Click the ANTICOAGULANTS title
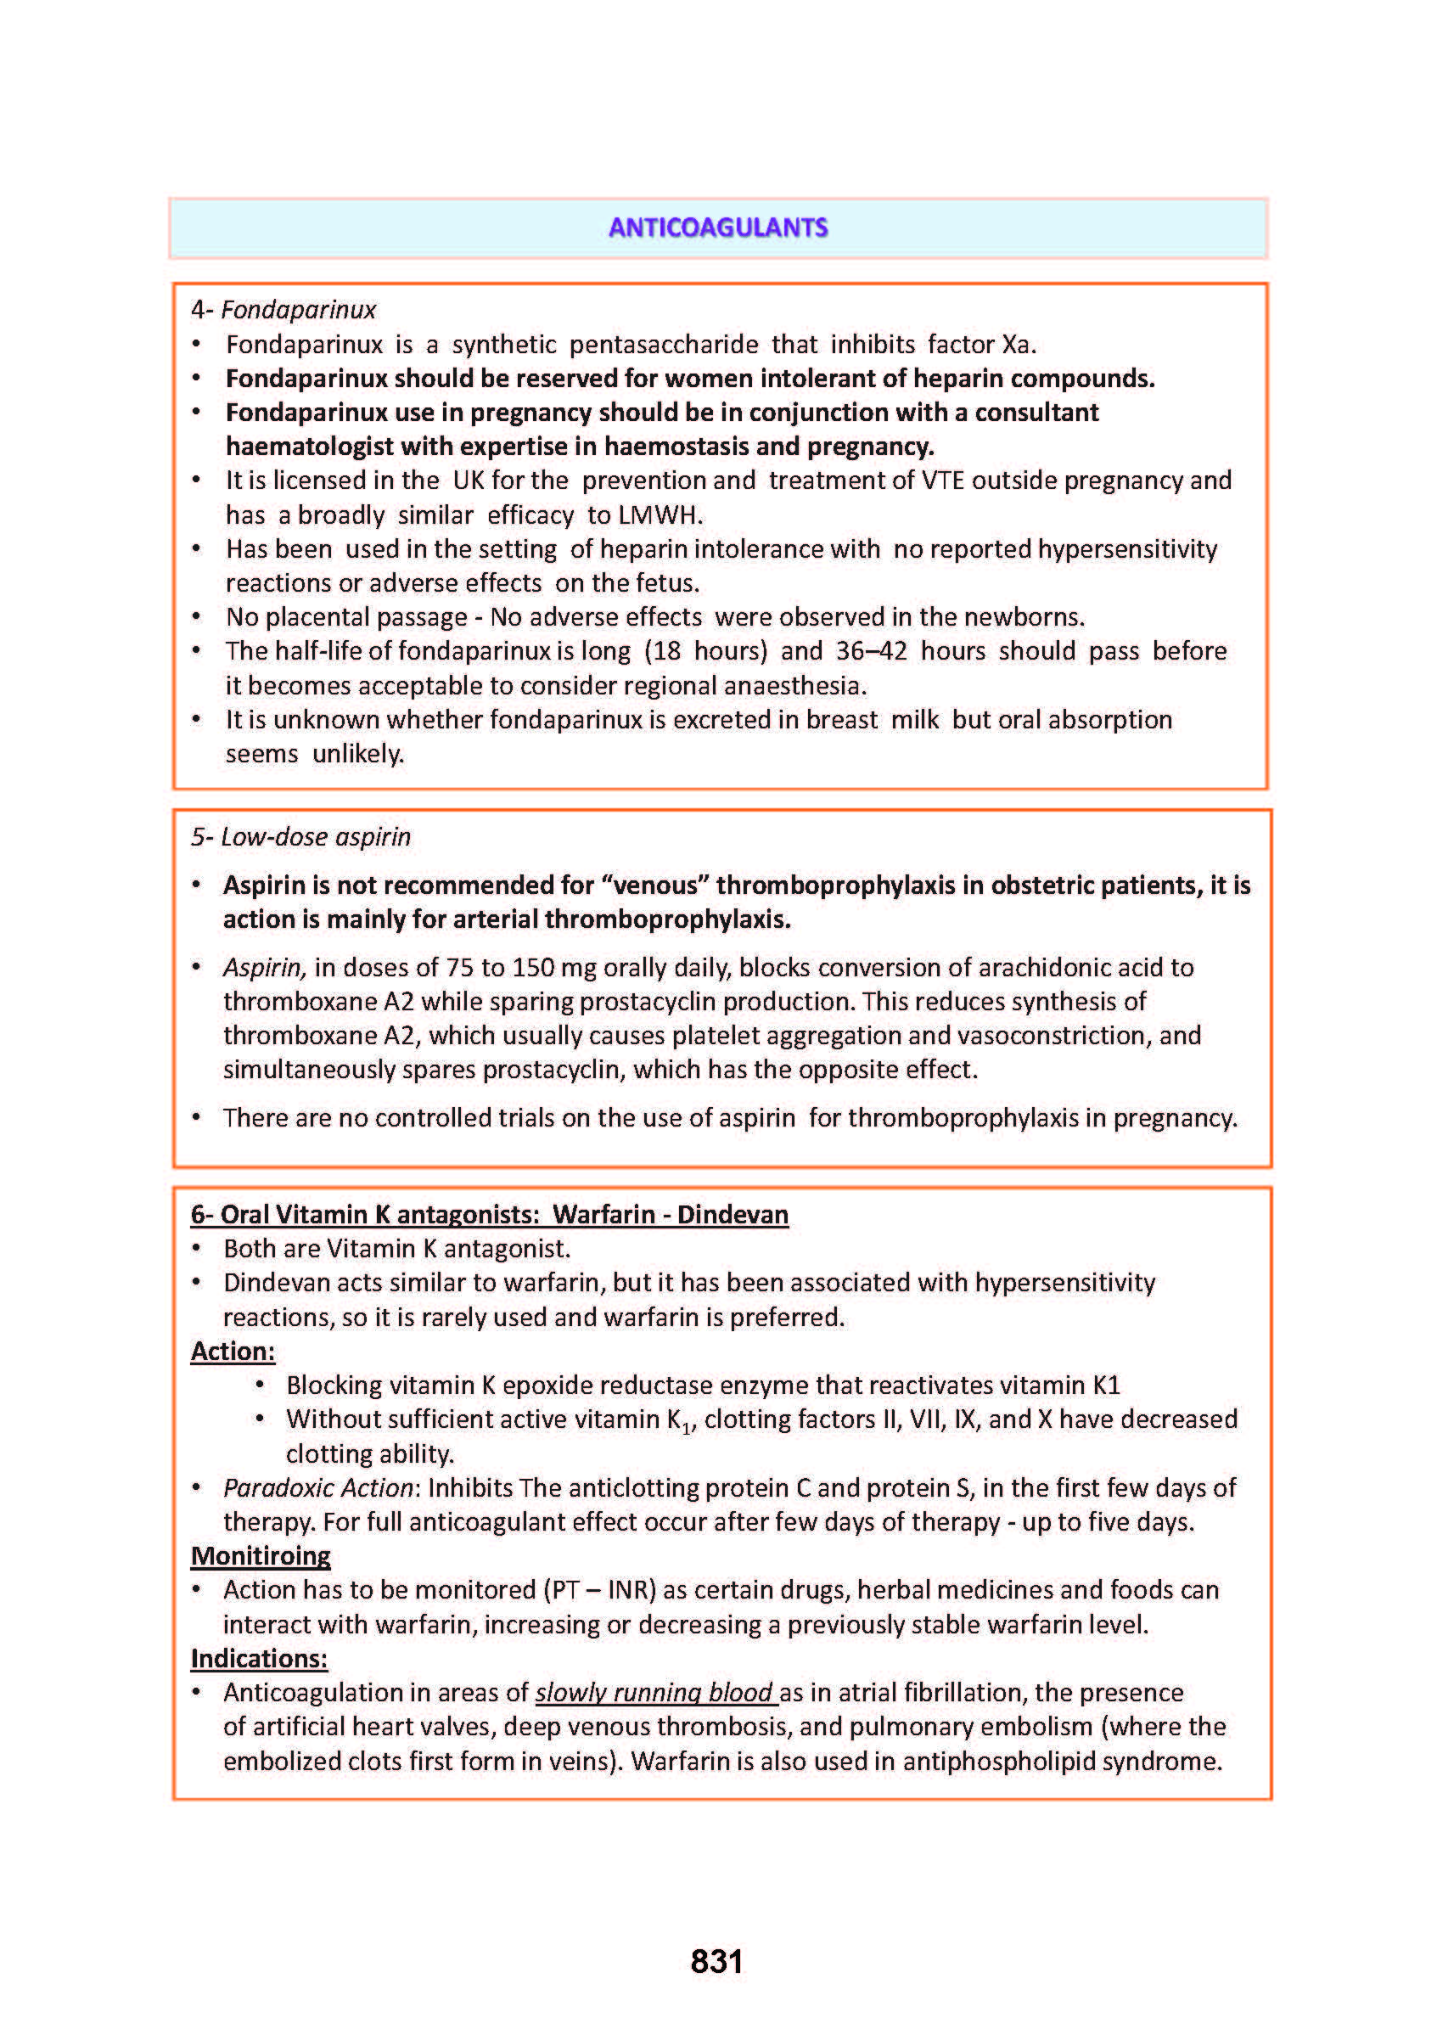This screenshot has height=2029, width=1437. [717, 228]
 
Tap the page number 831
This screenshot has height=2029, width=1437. [716, 1961]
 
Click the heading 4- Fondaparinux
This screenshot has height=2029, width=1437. [283, 310]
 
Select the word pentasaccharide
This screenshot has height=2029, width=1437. [663, 344]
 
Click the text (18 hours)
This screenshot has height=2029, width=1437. [705, 651]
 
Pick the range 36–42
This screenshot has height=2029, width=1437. [871, 651]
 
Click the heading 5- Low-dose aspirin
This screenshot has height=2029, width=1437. [300, 837]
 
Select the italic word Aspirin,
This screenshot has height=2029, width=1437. [265, 968]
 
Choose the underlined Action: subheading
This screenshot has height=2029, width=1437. [233, 1352]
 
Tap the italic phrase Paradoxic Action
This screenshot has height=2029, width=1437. [317, 1488]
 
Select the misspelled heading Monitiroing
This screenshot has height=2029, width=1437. [260, 1556]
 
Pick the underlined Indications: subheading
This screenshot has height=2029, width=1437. [258, 1659]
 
